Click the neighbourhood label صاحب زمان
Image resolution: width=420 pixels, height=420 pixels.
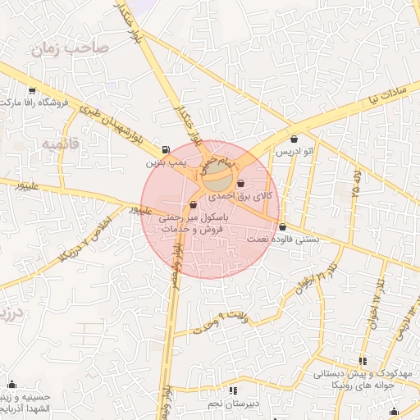[x=70, y=48]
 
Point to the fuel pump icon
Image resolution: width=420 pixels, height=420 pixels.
[x=167, y=150]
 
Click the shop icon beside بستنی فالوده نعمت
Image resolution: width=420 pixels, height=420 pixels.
[x=283, y=226]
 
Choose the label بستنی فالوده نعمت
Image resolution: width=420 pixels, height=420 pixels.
[x=282, y=239]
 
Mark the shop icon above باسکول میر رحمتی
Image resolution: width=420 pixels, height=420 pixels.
[x=193, y=205]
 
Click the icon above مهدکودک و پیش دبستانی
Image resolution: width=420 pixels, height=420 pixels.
[x=362, y=360]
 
